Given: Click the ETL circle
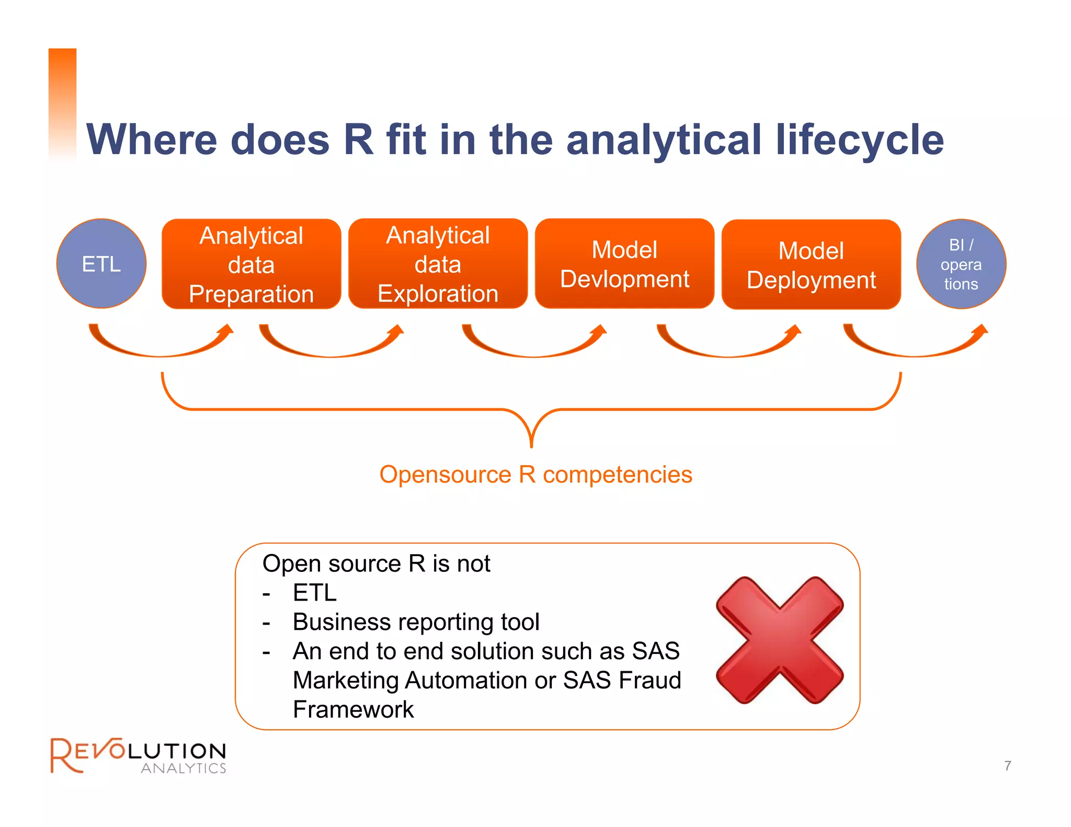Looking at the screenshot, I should tap(101, 263).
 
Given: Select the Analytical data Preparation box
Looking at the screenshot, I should tap(251, 264).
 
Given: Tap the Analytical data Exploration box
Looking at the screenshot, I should tap(438, 263).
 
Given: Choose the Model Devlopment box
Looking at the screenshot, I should tap(624, 264).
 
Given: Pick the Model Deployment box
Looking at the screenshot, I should tap(811, 265).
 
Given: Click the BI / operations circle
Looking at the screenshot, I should tap(961, 264).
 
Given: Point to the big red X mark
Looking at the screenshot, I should tap(779, 640).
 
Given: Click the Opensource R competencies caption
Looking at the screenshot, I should tap(535, 475).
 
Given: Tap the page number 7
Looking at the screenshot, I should tap(1008, 765).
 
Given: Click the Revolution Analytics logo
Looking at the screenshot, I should tap(138, 755).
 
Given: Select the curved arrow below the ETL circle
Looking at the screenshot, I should tap(159, 345).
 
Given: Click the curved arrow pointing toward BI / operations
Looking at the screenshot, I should tap(915, 345).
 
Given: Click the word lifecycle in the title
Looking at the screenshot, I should tap(860, 140).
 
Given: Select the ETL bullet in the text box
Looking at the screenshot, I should tap(314, 593).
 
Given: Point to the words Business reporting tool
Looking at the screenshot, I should tap(416, 622).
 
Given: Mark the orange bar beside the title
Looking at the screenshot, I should tap(62, 105).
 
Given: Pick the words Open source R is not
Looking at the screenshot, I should tap(376, 564).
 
